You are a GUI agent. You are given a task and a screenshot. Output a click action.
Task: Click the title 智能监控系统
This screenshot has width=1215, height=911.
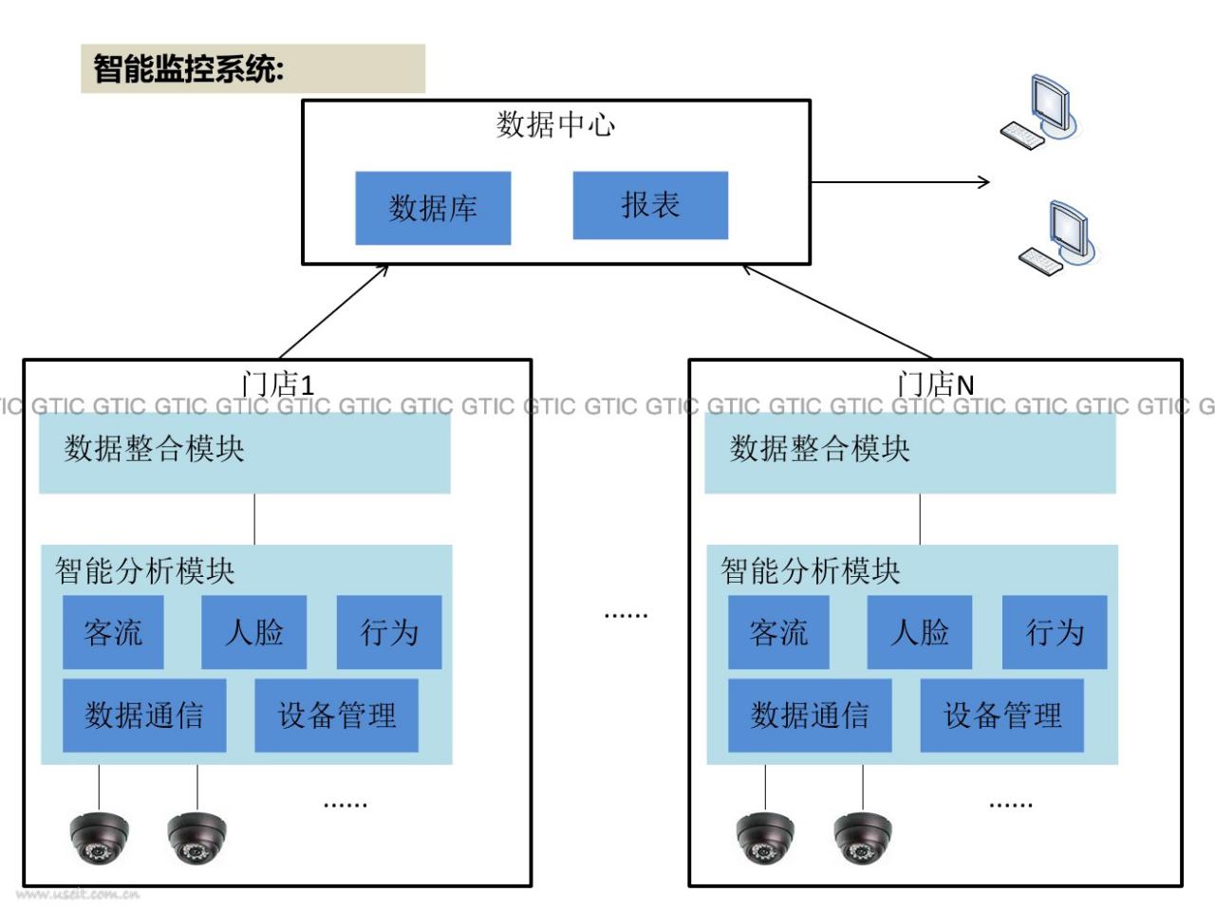(188, 68)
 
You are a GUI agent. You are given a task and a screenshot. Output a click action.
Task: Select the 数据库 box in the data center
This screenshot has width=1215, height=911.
(433, 208)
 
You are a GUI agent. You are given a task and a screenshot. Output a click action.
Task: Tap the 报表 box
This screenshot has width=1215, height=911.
(650, 205)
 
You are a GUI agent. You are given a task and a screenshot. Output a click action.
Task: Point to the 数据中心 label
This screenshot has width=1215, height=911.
(555, 124)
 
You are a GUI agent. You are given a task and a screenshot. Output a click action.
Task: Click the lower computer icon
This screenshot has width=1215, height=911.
(1057, 237)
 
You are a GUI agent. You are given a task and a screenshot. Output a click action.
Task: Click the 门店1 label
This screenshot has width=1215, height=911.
(277, 384)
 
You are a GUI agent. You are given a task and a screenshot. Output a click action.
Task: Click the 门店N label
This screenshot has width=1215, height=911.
(936, 384)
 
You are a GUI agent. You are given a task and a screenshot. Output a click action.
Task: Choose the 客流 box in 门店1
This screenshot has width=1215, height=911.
(113, 632)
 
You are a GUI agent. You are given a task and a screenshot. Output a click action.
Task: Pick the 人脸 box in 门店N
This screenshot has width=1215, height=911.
(920, 632)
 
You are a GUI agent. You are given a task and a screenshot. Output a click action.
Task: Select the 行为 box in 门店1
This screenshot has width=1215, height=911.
(389, 632)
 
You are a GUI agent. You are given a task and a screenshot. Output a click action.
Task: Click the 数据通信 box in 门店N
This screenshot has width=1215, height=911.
(810, 716)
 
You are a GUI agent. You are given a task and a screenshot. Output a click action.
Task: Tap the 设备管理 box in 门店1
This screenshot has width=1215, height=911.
(336, 716)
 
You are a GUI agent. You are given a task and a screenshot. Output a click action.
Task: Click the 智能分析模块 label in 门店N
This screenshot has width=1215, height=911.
(811, 570)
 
